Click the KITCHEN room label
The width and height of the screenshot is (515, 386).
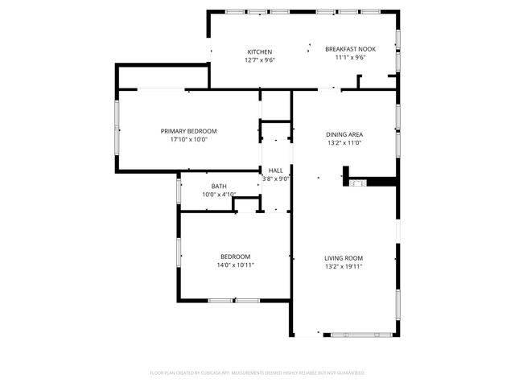coord(259,51)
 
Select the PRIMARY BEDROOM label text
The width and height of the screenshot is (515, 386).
coord(188,131)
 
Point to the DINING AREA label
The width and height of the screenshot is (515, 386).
coord(344,134)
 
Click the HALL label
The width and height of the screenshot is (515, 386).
coord(275,170)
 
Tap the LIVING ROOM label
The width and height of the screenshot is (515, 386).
coord(344,257)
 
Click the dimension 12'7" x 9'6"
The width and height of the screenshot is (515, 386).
coord(259,60)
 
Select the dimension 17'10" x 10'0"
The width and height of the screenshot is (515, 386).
coord(188,139)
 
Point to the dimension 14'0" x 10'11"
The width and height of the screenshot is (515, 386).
coord(235,265)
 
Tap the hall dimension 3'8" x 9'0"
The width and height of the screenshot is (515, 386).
coord(275,179)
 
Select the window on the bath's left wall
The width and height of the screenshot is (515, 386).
coord(178,191)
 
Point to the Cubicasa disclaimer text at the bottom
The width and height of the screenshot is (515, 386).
coord(257,373)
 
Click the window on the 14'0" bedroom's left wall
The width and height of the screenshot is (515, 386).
coord(179,252)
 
